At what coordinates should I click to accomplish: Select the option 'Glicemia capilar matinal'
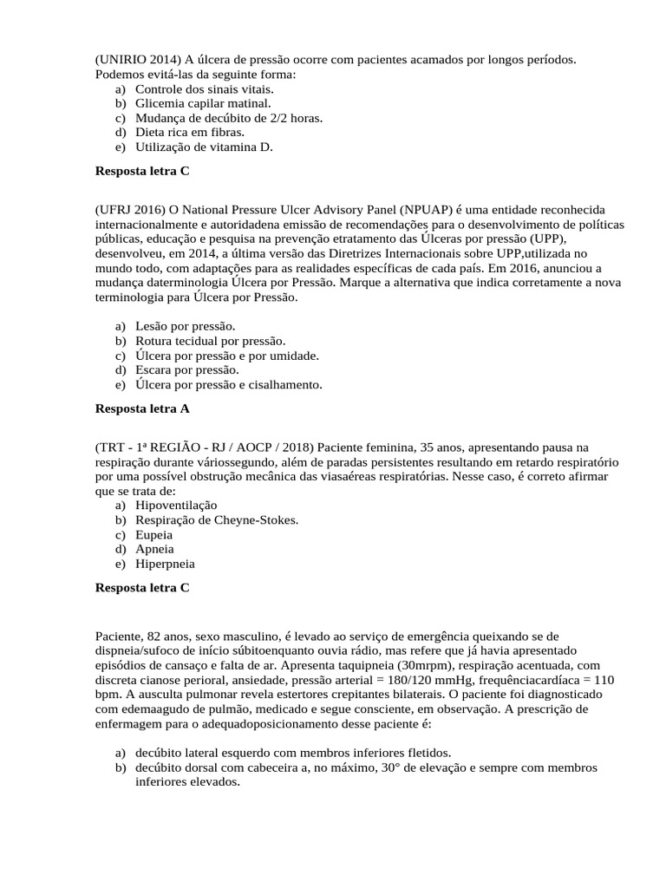pyautogui.click(x=196, y=103)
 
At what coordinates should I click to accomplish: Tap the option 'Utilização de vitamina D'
pyautogui.click(x=204, y=147)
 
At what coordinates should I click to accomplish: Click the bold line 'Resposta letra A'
pyautogui.click(x=141, y=408)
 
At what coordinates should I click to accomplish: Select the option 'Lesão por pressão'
pyautogui.click(x=186, y=326)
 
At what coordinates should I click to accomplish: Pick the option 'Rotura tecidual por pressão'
pyautogui.click(x=210, y=341)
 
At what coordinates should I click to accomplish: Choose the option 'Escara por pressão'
pyautogui.click(x=187, y=369)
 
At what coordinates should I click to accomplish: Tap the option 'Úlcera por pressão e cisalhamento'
pyautogui.click(x=228, y=384)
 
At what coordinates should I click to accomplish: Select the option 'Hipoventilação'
pyautogui.click(x=176, y=505)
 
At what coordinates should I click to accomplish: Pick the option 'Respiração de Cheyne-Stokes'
pyautogui.click(x=217, y=519)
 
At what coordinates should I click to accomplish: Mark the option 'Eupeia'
pyautogui.click(x=153, y=534)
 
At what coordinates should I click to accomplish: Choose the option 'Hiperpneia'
pyautogui.click(x=165, y=564)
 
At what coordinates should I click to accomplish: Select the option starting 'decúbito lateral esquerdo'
pyautogui.click(x=292, y=753)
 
